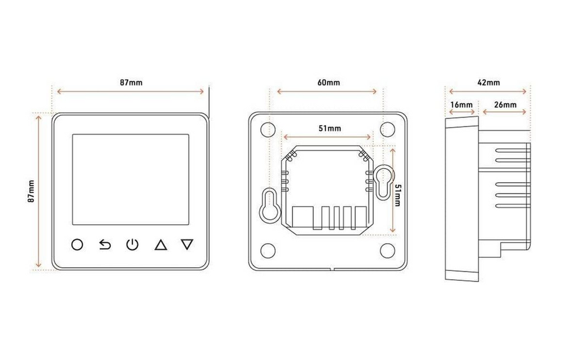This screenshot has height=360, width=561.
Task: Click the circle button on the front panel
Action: [x=77, y=244]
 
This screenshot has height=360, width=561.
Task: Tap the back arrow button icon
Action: [x=105, y=244]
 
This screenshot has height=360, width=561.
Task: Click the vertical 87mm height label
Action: [x=31, y=192]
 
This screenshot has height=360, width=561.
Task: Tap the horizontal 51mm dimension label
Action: [x=330, y=128]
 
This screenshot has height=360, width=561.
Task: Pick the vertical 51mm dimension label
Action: [x=398, y=195]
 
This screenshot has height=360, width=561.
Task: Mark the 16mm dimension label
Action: [x=461, y=105]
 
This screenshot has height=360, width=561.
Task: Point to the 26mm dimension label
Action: [x=505, y=105]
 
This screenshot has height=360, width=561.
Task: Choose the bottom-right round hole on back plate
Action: [x=387, y=250]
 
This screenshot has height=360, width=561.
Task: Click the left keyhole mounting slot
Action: [x=269, y=204]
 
